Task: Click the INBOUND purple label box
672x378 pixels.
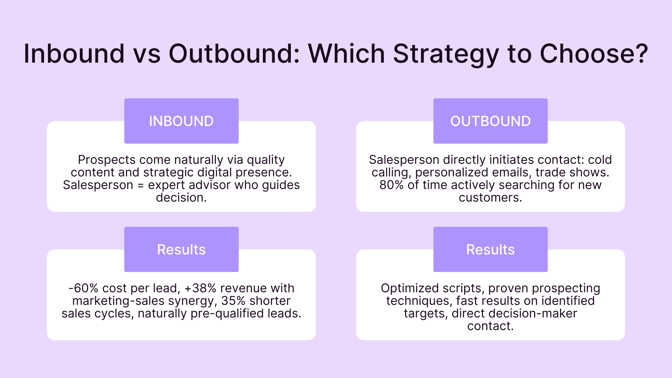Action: [x=181, y=121]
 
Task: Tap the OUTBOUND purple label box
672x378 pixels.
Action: [x=490, y=121]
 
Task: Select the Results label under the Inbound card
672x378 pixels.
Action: [x=181, y=250]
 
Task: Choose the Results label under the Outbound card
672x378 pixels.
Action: [x=490, y=250]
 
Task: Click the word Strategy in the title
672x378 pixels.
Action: [x=446, y=54]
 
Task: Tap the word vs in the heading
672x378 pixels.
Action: [x=147, y=55]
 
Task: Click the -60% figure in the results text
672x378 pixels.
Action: [x=83, y=288]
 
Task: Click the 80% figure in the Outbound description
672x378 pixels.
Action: [x=391, y=185]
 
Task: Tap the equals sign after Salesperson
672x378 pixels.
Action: [x=141, y=185]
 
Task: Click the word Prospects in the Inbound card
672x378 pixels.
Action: [x=107, y=160]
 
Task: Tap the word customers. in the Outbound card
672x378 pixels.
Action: [x=490, y=197]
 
